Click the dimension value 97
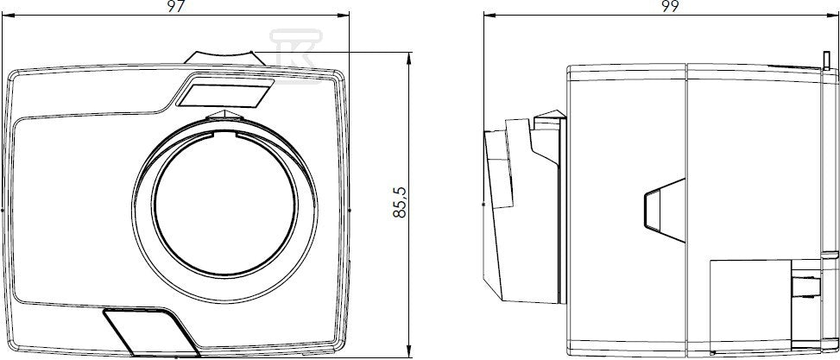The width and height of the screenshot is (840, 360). pyautogui.click(x=176, y=6)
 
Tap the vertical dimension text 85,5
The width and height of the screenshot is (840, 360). pyautogui.click(x=400, y=202)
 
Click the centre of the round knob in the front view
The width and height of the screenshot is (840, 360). pyautogui.click(x=224, y=210)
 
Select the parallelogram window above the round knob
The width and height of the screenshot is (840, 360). pyautogui.click(x=225, y=91)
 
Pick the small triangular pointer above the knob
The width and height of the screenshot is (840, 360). pyautogui.click(x=225, y=114)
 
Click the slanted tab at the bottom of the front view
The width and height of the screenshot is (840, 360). pyautogui.click(x=152, y=332)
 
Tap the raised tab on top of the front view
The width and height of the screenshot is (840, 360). pyautogui.click(x=225, y=57)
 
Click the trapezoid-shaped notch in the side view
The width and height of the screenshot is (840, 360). pyautogui.click(x=665, y=210)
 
